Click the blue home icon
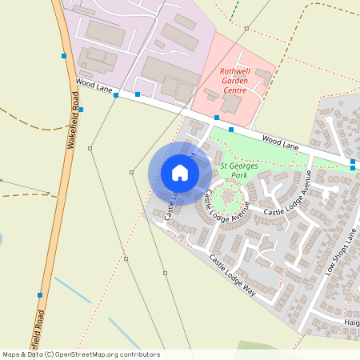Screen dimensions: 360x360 click(x=180, y=173)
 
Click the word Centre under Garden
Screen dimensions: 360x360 click(x=234, y=90)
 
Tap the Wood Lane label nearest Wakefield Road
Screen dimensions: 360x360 click(x=94, y=85)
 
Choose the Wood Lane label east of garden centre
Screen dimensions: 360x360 click(x=280, y=142)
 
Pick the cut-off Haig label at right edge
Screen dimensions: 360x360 click(x=351, y=322)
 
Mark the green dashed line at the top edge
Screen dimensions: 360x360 click(x=234, y=10)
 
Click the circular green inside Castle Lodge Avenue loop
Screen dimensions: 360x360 click(x=230, y=194)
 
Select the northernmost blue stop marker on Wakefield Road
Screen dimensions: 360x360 click(x=64, y=56)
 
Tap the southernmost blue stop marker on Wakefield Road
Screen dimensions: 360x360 click(x=39, y=294)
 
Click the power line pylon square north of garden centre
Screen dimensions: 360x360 click(x=247, y=29)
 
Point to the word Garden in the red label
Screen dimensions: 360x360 click(x=235, y=81)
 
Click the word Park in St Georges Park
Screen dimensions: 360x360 click(x=235, y=174)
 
